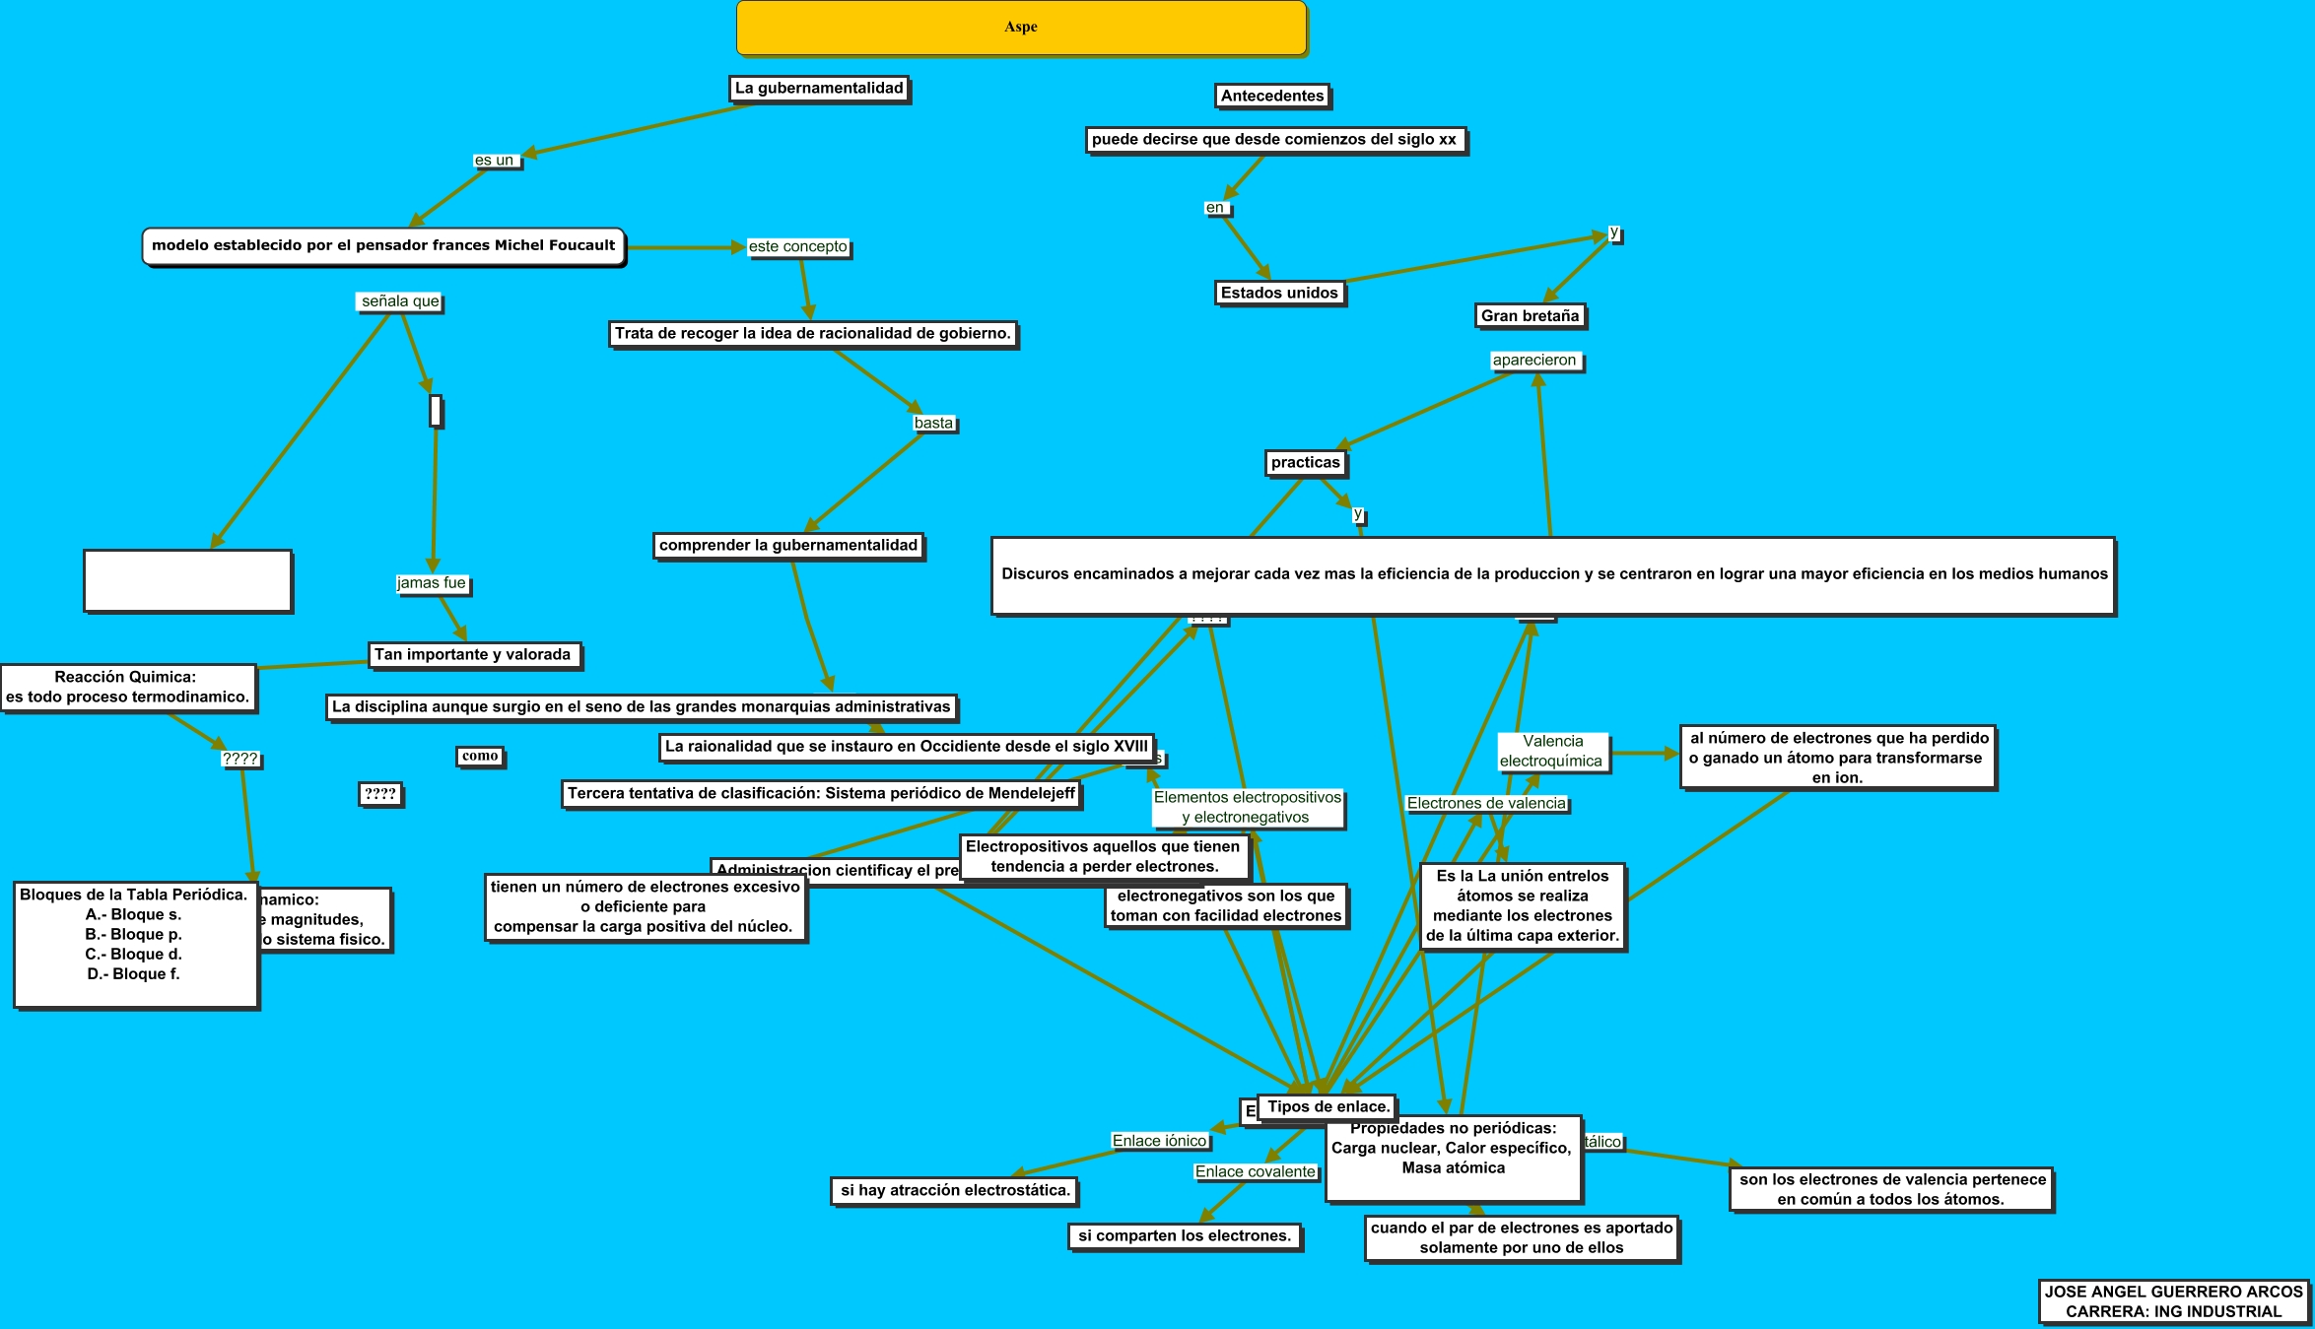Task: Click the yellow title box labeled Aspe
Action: pos(1021,28)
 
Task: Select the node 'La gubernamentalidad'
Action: pos(819,89)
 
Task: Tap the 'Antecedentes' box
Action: pos(1271,96)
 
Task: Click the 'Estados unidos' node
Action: pos(1279,293)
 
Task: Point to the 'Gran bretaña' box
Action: pos(1530,316)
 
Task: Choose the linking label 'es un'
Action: pos(495,161)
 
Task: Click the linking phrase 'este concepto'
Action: pos(797,247)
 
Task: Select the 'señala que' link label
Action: pos(400,301)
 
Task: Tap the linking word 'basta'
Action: pos(933,424)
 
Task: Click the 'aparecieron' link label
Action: pos(1534,361)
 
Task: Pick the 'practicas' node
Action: pos(1305,463)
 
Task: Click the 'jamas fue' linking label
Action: pos(432,583)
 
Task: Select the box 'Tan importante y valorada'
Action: pos(473,655)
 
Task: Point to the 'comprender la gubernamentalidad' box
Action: pos(788,546)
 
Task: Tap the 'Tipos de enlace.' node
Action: pos(1328,1107)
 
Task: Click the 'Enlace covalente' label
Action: pos(1255,1172)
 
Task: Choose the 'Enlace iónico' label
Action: pos(1159,1141)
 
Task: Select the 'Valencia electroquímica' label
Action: pos(1552,752)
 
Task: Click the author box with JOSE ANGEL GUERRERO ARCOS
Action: pos(2173,1301)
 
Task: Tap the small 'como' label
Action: pos(480,757)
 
